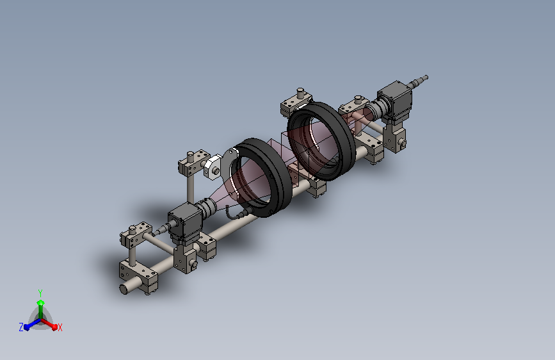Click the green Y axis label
click(x=40, y=293)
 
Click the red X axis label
click(x=60, y=327)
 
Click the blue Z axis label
click(x=21, y=327)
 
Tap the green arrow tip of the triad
click(x=41, y=302)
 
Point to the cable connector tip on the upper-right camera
click(x=426, y=78)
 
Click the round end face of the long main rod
click(x=124, y=289)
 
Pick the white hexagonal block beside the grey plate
click(x=213, y=167)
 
